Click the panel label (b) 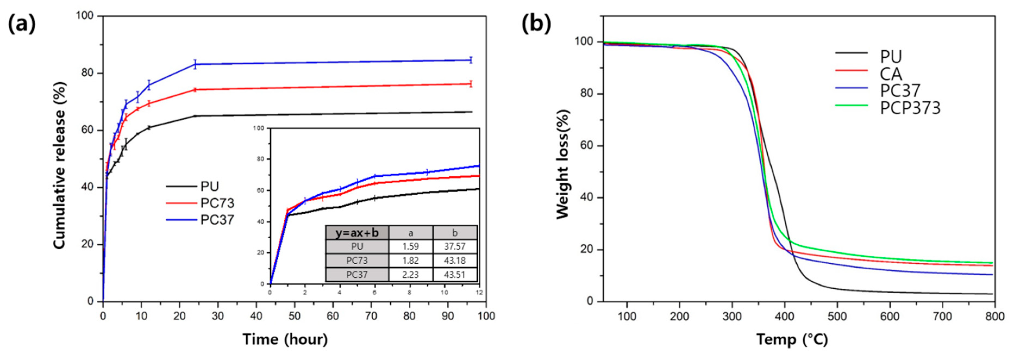point(536,24)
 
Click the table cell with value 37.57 point(455,246)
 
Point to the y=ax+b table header point(357,233)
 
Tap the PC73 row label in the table point(357,261)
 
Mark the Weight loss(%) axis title point(563,164)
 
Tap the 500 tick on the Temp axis point(837,316)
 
